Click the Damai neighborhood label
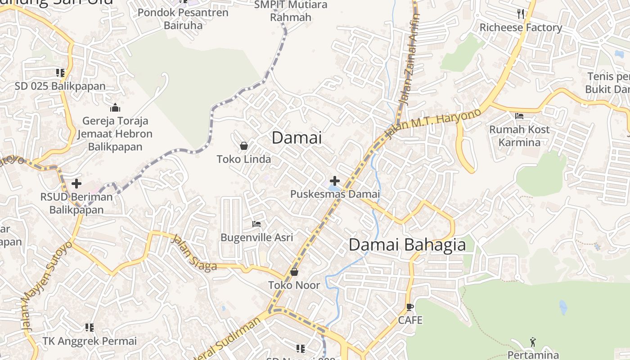(297, 138)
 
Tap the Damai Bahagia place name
(407, 245)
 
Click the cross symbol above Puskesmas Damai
(335, 181)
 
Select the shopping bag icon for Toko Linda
(243, 146)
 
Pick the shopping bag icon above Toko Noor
(294, 272)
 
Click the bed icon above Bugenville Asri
(256, 224)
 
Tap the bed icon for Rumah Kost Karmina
(519, 116)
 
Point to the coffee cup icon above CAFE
(409, 307)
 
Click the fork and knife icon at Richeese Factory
(521, 14)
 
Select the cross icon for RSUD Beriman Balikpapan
(76, 184)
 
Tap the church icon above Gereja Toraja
(115, 108)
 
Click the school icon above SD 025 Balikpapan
(60, 72)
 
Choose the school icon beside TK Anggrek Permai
(89, 327)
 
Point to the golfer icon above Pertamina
(533, 342)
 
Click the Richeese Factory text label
(521, 28)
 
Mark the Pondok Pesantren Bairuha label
(183, 18)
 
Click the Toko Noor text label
(294, 285)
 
